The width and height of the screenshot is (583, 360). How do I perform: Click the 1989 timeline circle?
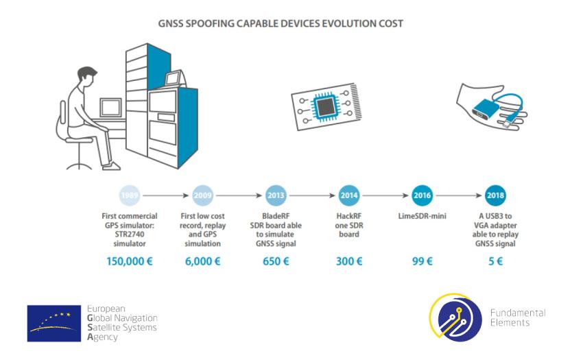[x=129, y=195]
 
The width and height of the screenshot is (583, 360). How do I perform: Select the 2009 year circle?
[x=202, y=195]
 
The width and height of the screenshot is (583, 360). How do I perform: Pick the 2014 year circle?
[x=349, y=195]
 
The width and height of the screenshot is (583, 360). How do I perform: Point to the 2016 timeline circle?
[x=422, y=195]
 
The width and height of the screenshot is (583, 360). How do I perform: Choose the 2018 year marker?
[x=495, y=195]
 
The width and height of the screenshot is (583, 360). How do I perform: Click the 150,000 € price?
[x=129, y=261]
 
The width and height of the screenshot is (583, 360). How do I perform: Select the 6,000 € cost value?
[x=202, y=261]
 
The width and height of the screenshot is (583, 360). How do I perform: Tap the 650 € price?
[x=276, y=261]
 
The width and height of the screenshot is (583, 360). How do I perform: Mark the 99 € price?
[x=422, y=261]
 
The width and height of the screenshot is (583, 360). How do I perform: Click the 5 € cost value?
[x=495, y=261]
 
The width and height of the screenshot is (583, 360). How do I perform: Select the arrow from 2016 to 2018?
[x=458, y=195]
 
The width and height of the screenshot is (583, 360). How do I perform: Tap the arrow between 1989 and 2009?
[x=165, y=195]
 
